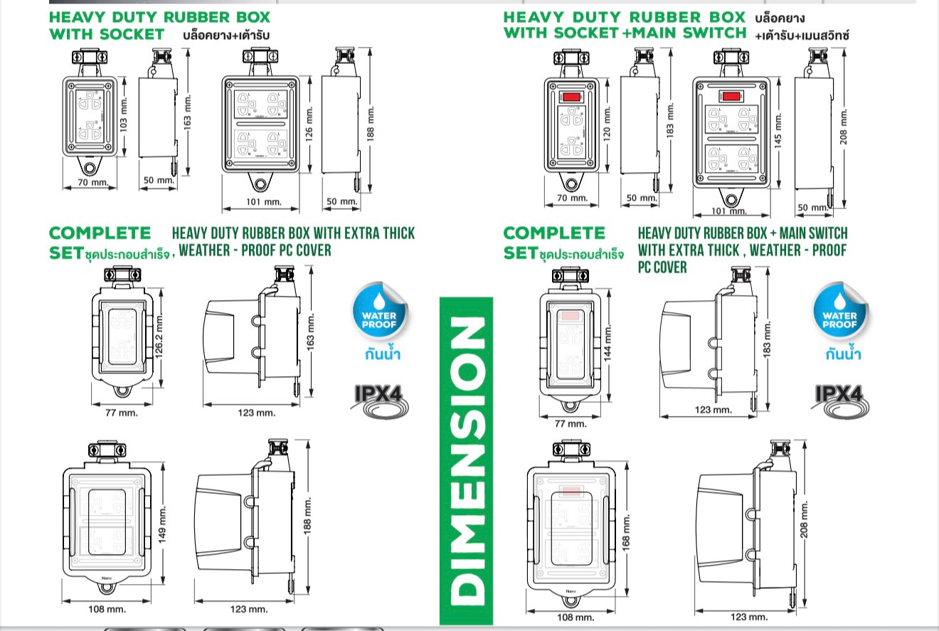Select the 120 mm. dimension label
pos(607,122)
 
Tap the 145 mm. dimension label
pos(778,129)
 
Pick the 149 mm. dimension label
pos(162,524)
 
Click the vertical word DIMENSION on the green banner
pos(466,462)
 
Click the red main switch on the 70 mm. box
pos(570,97)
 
